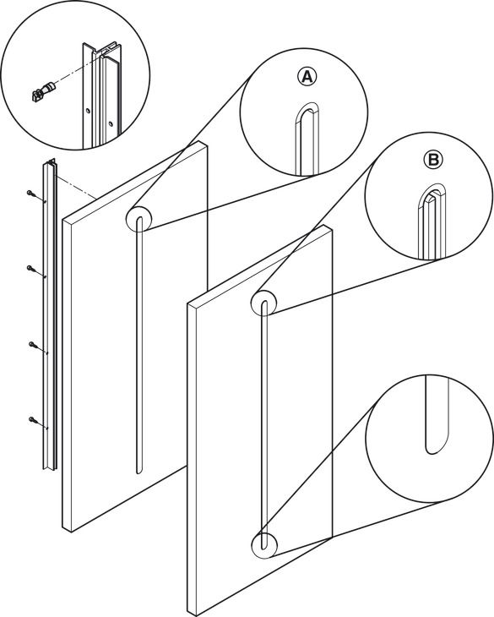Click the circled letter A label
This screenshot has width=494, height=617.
(x=307, y=76)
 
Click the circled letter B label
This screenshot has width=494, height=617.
(x=433, y=160)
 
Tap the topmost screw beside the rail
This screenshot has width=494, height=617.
(x=31, y=194)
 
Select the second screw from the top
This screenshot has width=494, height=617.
(x=32, y=269)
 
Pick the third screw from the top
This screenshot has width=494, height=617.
(x=34, y=345)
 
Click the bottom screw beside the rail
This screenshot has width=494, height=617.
(x=34, y=420)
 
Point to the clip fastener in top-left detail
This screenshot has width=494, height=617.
(x=41, y=91)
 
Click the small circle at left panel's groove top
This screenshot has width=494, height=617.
(x=138, y=218)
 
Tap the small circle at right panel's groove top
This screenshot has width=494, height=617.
(x=263, y=303)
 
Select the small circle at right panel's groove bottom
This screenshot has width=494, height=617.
(x=264, y=545)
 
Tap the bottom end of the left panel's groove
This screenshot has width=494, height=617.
(x=138, y=472)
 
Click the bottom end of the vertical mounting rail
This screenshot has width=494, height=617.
(x=49, y=468)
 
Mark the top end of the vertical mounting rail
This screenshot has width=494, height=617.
(x=50, y=161)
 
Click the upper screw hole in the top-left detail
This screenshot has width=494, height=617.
(x=88, y=111)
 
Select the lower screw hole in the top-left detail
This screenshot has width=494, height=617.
(x=111, y=123)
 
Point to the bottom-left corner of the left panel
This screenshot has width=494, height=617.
(x=62, y=527)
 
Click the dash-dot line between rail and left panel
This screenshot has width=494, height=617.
(x=76, y=188)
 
